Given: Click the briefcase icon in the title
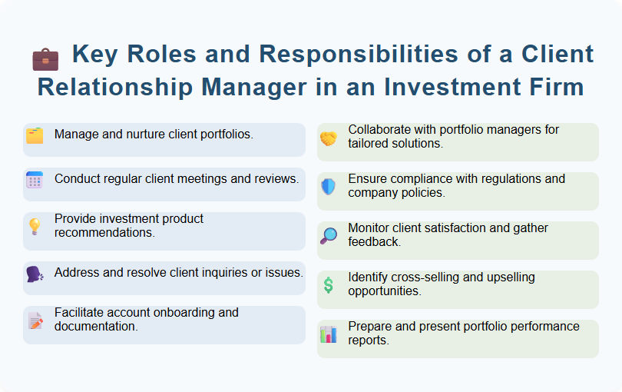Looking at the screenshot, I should point(45,58).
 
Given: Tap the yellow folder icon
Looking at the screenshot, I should point(35,136).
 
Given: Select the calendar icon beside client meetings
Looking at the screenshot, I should point(35,181).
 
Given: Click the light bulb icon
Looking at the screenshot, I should point(35,226).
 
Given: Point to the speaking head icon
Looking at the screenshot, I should point(35,274).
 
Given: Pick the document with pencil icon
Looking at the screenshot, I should point(35,321).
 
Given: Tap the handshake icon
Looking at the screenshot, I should point(329,138).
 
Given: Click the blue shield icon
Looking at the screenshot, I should point(329,187).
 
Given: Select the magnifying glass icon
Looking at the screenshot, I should point(329,236).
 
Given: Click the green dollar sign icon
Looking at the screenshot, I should point(329,285).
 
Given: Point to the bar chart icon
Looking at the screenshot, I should point(329,334).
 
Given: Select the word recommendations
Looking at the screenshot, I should point(104,232).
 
